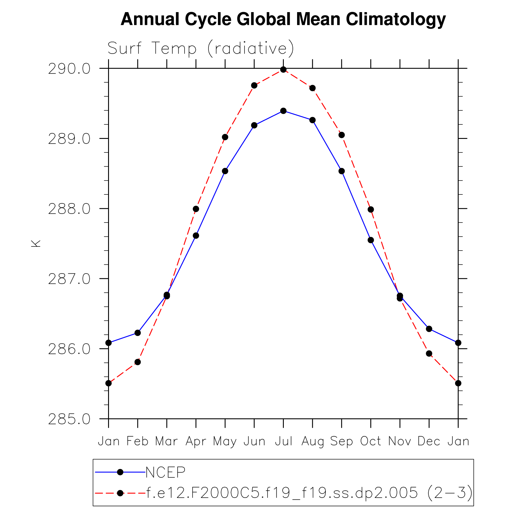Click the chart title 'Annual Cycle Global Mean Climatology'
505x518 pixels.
click(283, 20)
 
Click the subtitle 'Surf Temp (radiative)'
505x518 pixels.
click(201, 48)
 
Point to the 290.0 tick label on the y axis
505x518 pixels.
click(69, 69)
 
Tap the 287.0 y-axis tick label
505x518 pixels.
click(69, 279)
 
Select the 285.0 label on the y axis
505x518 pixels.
click(69, 419)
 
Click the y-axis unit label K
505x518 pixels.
click(36, 243)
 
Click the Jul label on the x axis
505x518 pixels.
click(283, 441)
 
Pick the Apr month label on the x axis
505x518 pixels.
click(196, 441)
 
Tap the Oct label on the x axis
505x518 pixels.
click(371, 441)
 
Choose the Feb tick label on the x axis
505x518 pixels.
click(137, 441)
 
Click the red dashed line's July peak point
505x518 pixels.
click(283, 69)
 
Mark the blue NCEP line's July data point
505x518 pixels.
click(283, 111)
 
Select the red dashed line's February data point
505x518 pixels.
click(138, 362)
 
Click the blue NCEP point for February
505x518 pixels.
click(138, 333)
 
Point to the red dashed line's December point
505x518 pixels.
click(429, 353)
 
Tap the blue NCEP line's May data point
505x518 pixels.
click(225, 171)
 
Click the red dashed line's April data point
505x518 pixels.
click(196, 209)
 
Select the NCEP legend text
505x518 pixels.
click(165, 472)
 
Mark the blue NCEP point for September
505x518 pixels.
click(342, 171)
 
